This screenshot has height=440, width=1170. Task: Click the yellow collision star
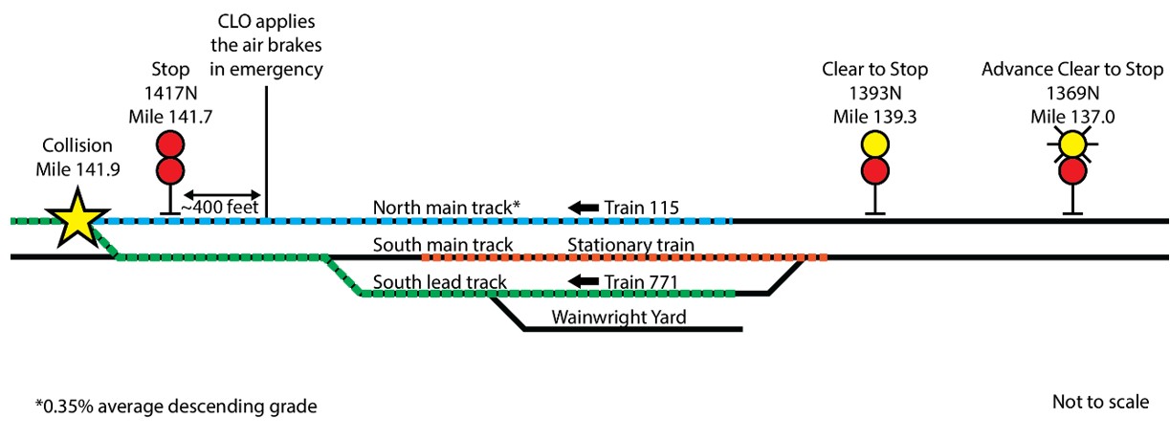click(77, 219)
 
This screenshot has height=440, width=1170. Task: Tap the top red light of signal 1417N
click(170, 144)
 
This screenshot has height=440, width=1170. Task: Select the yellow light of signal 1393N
click(875, 144)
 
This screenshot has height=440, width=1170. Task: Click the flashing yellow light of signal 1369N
click(1072, 144)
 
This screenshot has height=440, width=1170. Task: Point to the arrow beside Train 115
click(583, 208)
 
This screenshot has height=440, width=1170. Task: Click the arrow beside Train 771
click(583, 281)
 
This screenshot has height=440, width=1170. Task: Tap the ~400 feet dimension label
click(220, 208)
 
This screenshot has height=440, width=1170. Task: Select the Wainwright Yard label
click(619, 317)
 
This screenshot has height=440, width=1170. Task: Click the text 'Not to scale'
click(1100, 402)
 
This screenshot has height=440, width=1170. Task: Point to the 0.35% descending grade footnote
click(176, 407)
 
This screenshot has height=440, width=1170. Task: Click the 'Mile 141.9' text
click(77, 169)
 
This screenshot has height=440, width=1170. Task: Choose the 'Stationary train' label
click(631, 244)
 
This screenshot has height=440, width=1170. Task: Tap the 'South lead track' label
click(440, 282)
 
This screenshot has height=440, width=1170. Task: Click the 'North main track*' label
click(447, 208)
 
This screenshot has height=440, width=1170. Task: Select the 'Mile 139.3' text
click(875, 117)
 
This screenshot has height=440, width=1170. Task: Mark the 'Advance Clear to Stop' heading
click(1072, 69)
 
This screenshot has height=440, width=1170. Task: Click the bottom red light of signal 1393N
click(875, 170)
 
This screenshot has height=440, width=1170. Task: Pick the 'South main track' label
click(443, 244)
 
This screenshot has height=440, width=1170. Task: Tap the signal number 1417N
click(171, 93)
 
